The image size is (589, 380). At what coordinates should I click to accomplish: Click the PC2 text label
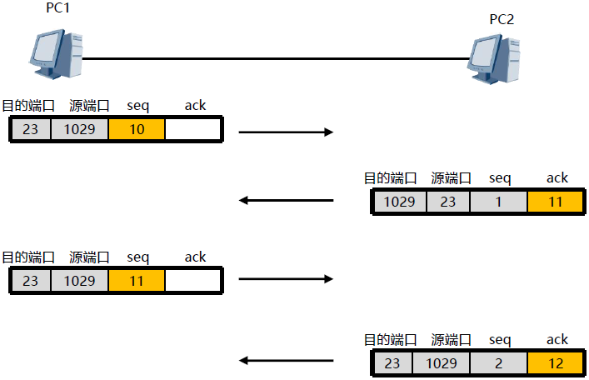(x=502, y=17)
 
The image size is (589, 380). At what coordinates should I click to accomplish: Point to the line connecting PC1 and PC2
(x=275, y=58)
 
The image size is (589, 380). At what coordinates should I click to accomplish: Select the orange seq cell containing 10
(x=137, y=129)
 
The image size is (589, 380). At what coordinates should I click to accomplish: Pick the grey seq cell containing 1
(x=498, y=202)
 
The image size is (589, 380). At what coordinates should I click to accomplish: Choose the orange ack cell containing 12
(x=557, y=363)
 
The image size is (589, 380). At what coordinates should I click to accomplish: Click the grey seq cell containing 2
(x=498, y=363)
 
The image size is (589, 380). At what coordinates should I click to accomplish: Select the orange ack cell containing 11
(x=557, y=202)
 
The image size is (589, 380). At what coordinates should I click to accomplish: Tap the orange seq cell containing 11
(x=137, y=281)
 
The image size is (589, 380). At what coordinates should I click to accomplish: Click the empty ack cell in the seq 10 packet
(x=192, y=129)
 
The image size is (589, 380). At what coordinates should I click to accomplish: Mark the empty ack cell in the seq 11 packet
(x=192, y=281)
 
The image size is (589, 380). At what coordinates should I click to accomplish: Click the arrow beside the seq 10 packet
(x=286, y=132)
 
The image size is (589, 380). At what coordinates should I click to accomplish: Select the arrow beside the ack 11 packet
(x=286, y=200)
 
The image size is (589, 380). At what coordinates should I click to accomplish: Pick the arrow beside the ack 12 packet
(x=286, y=361)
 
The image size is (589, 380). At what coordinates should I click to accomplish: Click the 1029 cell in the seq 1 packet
(x=398, y=202)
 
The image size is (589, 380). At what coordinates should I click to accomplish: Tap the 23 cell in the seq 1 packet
(x=447, y=202)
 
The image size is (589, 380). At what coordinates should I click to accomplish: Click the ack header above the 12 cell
(x=557, y=339)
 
